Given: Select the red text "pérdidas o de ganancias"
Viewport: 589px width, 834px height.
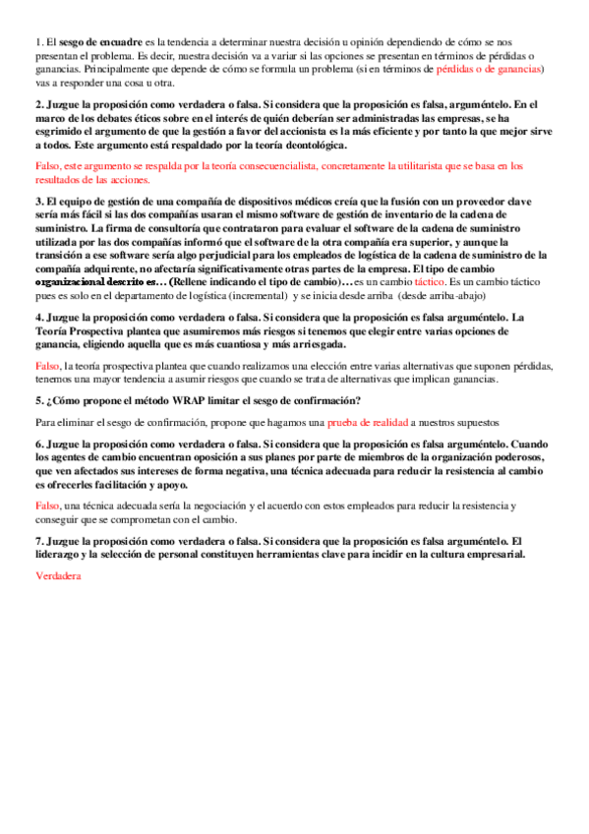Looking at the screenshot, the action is pos(490,69).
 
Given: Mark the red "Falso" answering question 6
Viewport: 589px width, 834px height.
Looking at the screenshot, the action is pos(47,506).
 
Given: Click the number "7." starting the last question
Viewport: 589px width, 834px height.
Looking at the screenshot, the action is pos(39,542).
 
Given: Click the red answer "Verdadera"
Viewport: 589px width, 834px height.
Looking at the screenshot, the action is pos(57,576).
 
